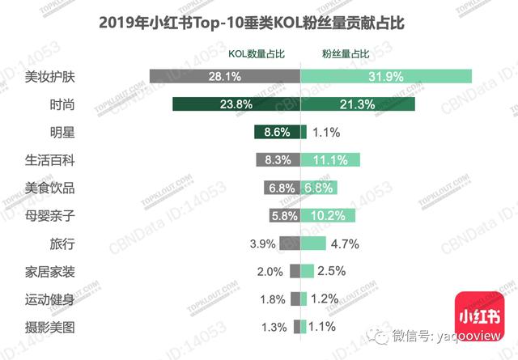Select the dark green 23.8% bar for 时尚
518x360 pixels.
236,104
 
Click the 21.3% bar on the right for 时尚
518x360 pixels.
358,104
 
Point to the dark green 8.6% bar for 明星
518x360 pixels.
277,132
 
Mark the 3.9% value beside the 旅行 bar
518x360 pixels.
263,244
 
